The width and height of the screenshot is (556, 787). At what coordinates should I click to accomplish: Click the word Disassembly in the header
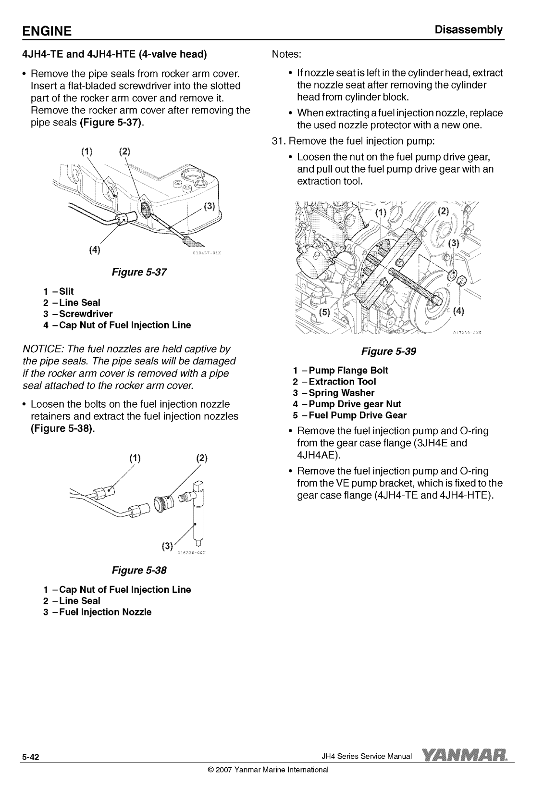(469, 30)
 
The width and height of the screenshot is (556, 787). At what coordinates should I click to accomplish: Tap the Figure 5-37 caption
(139, 273)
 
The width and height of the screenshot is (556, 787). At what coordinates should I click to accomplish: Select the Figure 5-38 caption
(139, 571)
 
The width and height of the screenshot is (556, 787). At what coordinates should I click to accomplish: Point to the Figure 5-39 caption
(388, 351)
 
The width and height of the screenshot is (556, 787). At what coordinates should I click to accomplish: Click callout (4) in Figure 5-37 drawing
(95, 250)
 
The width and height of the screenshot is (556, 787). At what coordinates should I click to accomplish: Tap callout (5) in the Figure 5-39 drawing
(325, 313)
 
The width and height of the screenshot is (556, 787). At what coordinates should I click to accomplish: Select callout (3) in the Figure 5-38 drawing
(167, 546)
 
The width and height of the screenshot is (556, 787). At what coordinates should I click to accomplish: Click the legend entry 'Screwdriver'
(86, 314)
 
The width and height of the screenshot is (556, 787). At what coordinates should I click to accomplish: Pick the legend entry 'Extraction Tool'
(342, 382)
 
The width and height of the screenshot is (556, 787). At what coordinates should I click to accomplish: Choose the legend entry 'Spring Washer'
(341, 393)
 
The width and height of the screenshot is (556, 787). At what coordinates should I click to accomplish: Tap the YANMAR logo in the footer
(465, 756)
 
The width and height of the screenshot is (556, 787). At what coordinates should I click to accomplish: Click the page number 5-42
(30, 758)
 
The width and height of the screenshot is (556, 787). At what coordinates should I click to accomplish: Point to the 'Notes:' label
(286, 53)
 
